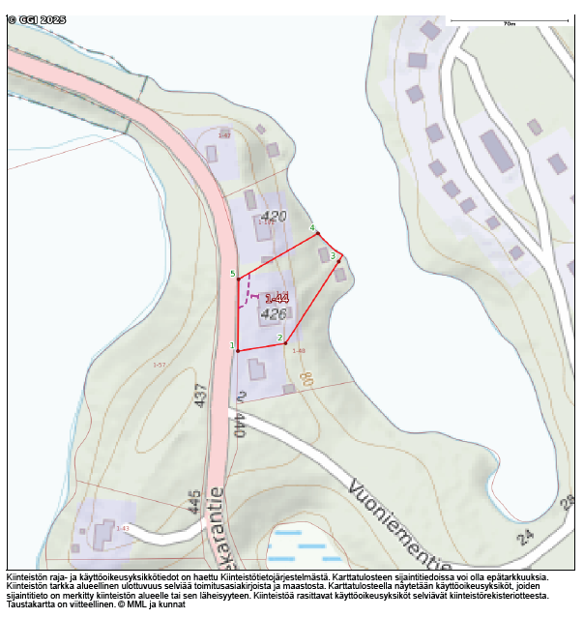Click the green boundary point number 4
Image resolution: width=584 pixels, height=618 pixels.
point(312,228)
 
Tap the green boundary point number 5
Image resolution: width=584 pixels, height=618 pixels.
point(233,274)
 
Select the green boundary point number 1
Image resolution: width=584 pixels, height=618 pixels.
point(232,345)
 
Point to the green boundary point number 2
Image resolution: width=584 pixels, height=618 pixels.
point(280,338)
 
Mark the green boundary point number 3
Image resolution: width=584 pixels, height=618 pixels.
point(333,256)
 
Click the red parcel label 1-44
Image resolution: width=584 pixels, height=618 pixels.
point(277,299)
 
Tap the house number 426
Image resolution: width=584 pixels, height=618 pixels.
point(274,314)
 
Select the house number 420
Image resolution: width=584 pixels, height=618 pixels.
point(275,216)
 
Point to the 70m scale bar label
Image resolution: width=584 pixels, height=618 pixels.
point(510,23)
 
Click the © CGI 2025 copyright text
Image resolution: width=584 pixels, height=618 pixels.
point(37,20)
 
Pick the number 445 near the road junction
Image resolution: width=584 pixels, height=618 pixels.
point(194,501)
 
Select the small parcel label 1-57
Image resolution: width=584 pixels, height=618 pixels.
point(160,365)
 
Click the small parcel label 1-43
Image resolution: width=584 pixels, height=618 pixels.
point(123,528)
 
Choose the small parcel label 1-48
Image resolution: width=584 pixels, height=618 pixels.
point(299,350)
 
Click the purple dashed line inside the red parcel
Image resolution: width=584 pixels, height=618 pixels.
point(248,287)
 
